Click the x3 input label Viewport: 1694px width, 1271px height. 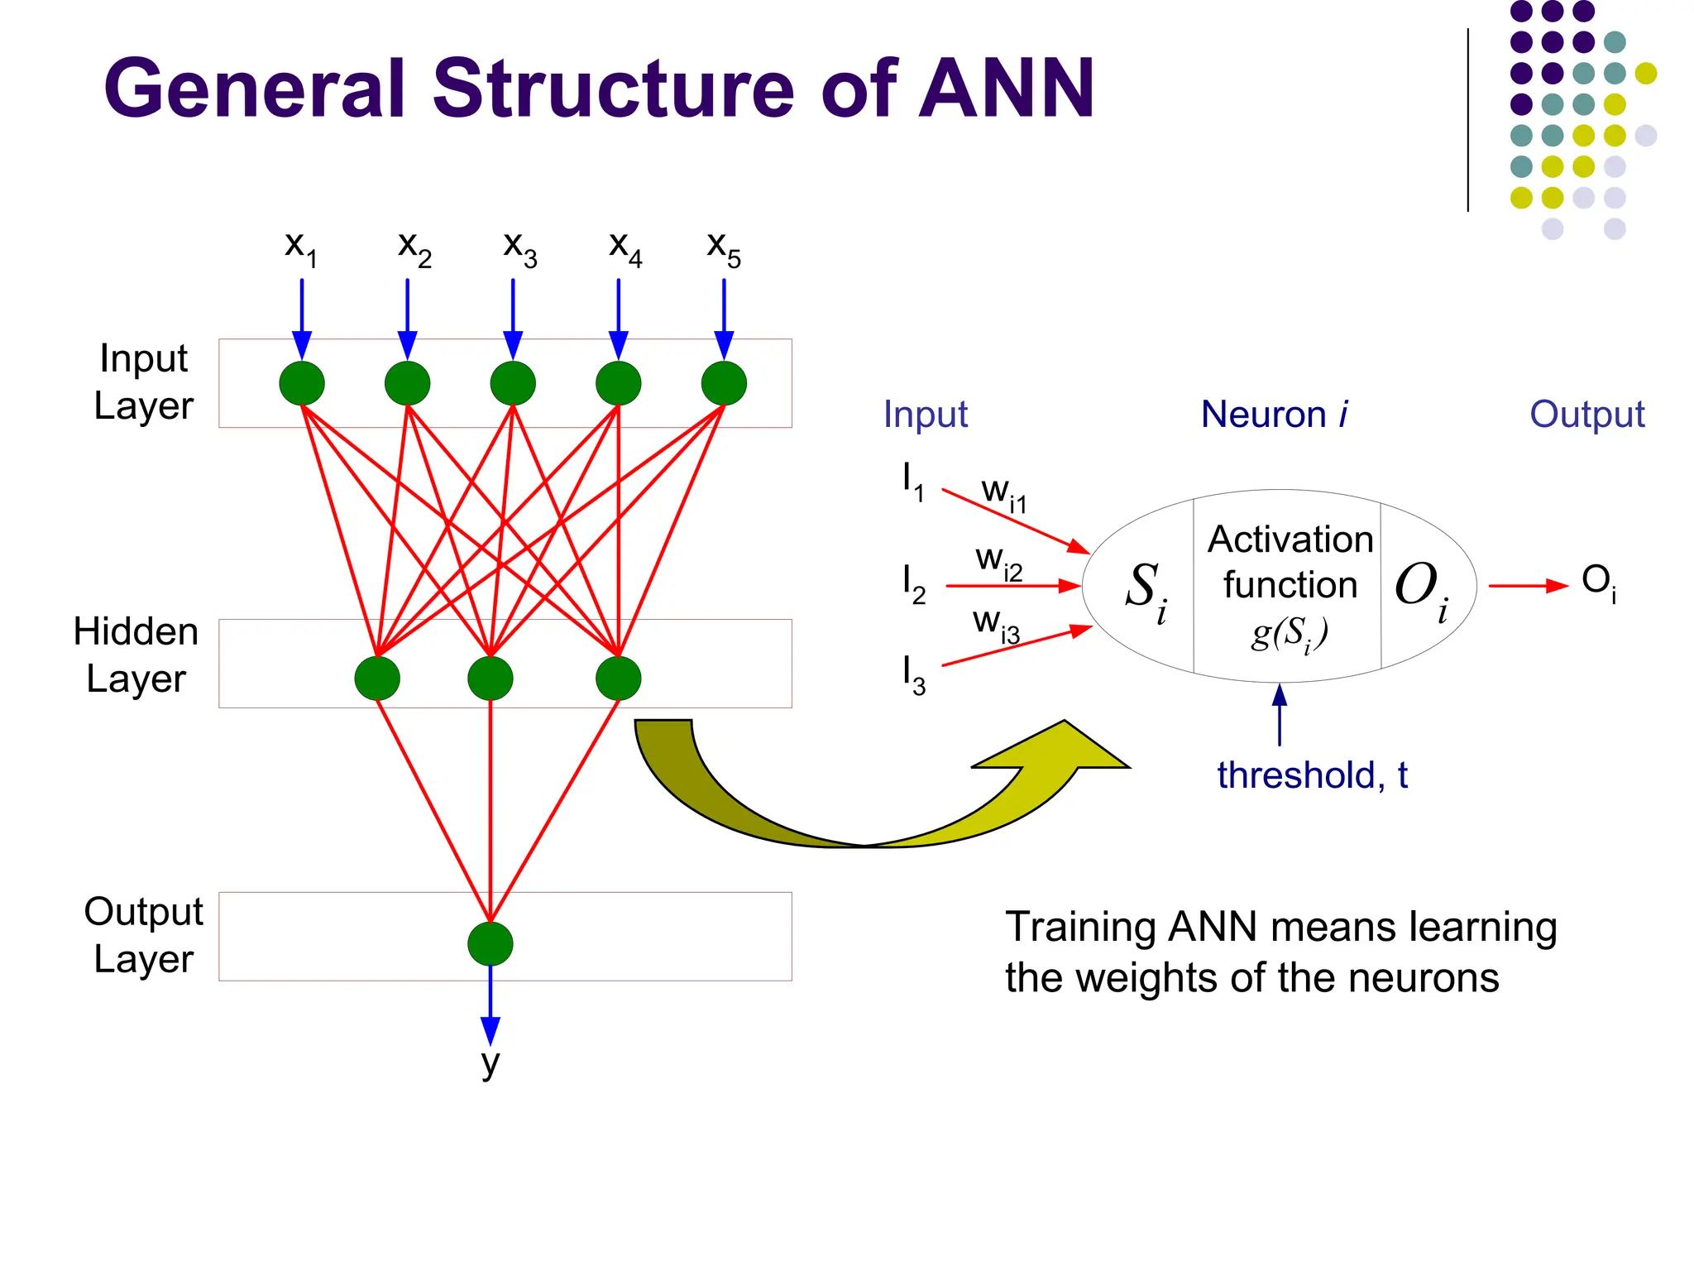click(x=519, y=247)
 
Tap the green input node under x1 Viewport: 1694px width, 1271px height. click(x=302, y=383)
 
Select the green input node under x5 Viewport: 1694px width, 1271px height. click(x=724, y=383)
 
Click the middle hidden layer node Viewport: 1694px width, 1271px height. click(x=490, y=679)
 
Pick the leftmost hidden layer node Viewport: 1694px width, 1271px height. click(x=377, y=679)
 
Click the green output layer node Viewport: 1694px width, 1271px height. click(x=490, y=944)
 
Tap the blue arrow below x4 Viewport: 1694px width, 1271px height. click(x=619, y=319)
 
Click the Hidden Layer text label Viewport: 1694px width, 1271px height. click(x=136, y=655)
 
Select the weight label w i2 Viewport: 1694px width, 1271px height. click(x=998, y=562)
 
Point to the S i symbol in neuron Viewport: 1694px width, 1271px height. click(x=1146, y=591)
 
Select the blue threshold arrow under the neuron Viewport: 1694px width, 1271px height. click(x=1280, y=716)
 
